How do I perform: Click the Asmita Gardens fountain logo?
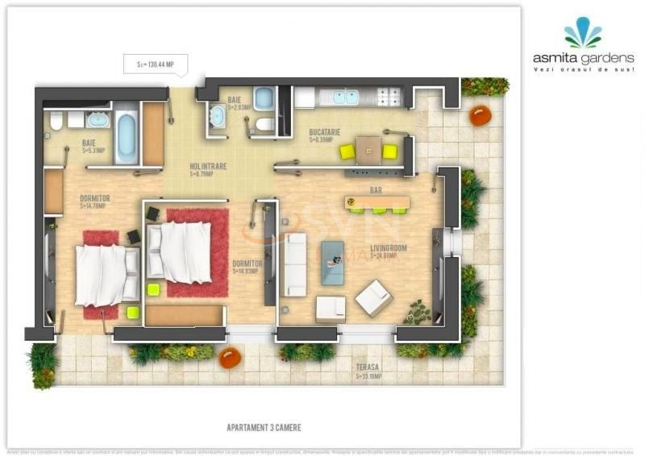[582, 33]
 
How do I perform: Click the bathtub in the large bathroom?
[126, 137]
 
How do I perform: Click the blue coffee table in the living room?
[332, 263]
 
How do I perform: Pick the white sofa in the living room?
[296, 264]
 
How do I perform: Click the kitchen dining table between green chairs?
[368, 149]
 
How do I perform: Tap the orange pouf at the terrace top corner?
[481, 115]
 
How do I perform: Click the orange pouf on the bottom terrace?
[231, 356]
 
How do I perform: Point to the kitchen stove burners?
[389, 97]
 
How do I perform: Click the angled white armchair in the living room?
[373, 297]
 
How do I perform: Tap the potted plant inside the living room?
[418, 310]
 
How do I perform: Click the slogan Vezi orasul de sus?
[583, 69]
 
